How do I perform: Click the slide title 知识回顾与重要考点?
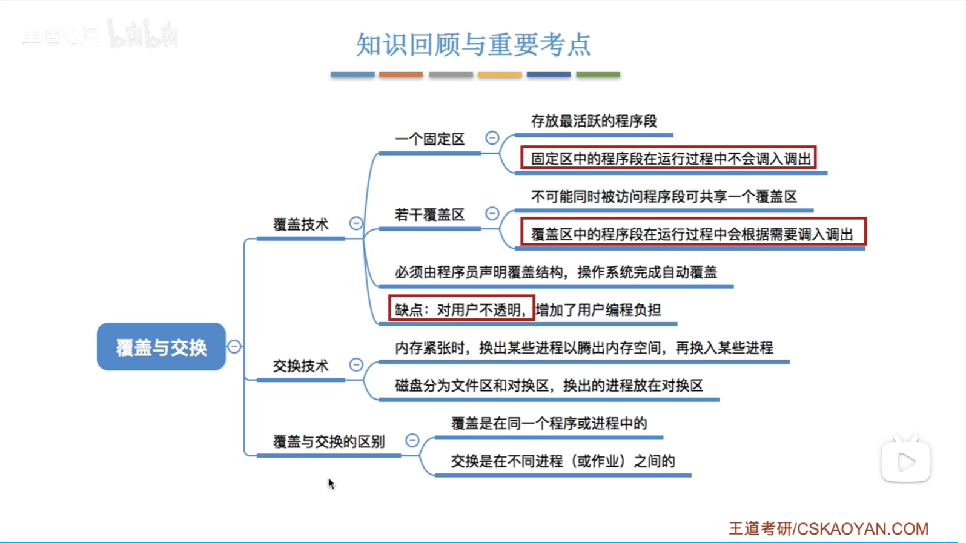(473, 44)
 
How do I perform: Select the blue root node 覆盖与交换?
(161, 346)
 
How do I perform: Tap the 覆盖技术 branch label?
(301, 224)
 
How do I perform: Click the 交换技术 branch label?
(301, 366)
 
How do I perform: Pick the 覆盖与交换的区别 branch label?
(329, 441)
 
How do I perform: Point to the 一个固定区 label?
(429, 139)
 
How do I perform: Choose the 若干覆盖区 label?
(429, 215)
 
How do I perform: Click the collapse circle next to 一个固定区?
(492, 138)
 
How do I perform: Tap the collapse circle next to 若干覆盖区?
(492, 213)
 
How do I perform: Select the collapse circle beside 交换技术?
(356, 364)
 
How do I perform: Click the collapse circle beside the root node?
(234, 346)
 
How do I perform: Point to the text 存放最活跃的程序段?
(594, 121)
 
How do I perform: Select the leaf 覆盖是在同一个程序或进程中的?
(549, 423)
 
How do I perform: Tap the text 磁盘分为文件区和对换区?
(472, 385)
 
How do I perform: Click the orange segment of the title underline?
(401, 74)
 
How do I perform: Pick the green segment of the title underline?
(598, 74)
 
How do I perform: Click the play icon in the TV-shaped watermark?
(907, 462)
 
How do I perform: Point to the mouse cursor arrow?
(331, 484)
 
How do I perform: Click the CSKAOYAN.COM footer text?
(862, 529)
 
